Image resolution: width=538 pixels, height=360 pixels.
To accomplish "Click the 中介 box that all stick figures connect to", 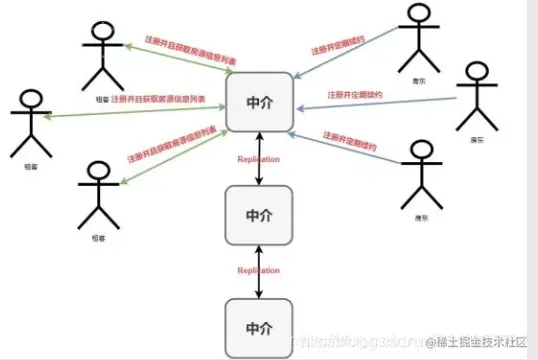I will pyautogui.click(x=258, y=101).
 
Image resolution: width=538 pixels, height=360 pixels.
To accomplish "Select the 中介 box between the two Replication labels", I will pyautogui.click(x=258, y=214).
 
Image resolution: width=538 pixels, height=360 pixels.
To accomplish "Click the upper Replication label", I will pyautogui.click(x=258, y=159).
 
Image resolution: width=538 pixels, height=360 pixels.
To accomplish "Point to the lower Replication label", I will pyautogui.click(x=258, y=270).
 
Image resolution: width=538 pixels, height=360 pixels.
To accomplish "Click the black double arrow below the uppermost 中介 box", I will pyautogui.click(x=258, y=158).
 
